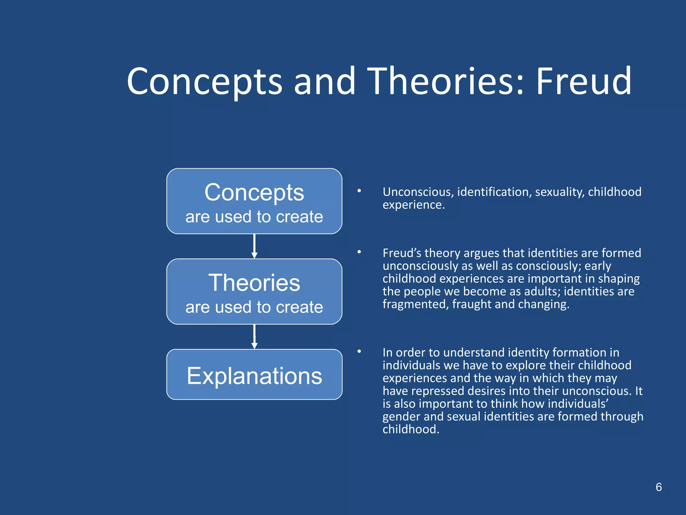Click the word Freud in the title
pyautogui.click(x=584, y=81)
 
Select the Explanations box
pyautogui.click(x=254, y=375)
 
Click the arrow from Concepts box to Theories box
pyautogui.click(x=254, y=246)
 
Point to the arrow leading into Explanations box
pyautogui.click(x=254, y=337)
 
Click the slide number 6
pyautogui.click(x=659, y=487)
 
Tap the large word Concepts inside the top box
pyautogui.click(x=254, y=193)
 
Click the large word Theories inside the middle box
pyautogui.click(x=254, y=283)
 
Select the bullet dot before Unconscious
pyautogui.click(x=359, y=191)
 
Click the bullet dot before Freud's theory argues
pyautogui.click(x=359, y=252)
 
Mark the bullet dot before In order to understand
pyautogui.click(x=359, y=351)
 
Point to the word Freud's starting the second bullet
pyautogui.click(x=402, y=253)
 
